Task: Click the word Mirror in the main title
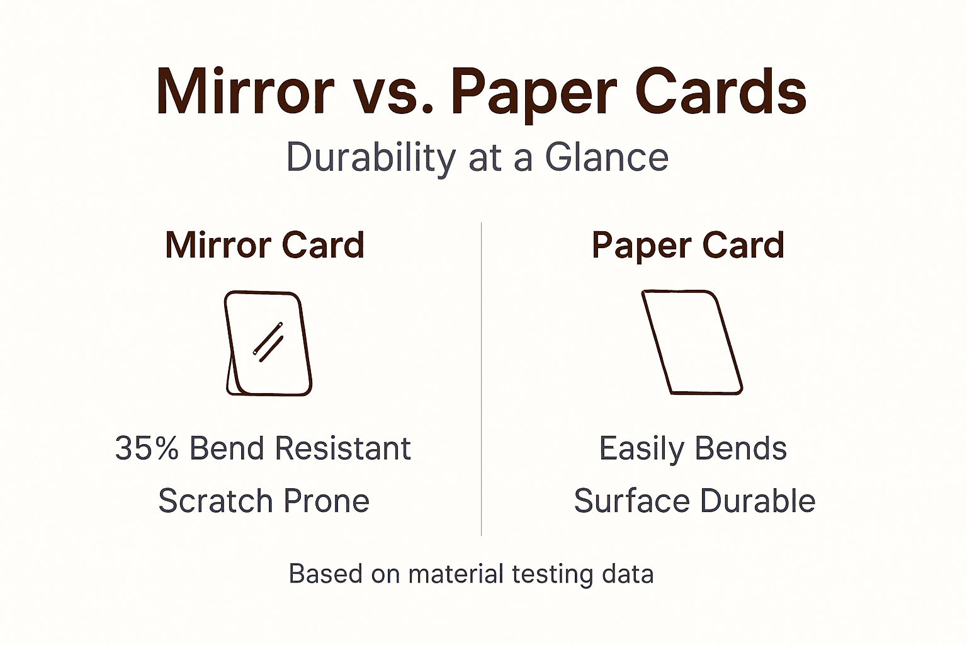[245, 92]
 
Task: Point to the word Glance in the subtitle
[606, 157]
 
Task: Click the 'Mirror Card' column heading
[264, 245]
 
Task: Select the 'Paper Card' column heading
[687, 245]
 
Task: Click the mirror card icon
[268, 344]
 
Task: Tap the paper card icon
[691, 343]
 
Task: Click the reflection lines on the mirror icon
[268, 343]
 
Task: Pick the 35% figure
[147, 448]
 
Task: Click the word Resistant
[342, 448]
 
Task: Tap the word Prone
[325, 501]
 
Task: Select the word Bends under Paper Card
[741, 448]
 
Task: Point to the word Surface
[631, 501]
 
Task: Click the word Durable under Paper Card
[757, 501]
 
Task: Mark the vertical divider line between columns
[482, 378]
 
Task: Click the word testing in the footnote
[552, 574]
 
